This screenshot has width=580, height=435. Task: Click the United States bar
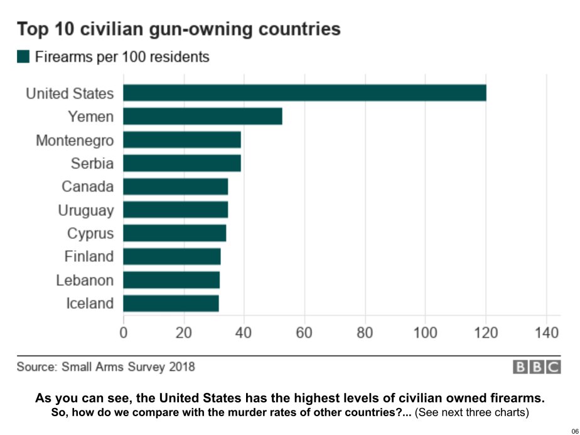[304, 93]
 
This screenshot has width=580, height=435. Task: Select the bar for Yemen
[202, 116]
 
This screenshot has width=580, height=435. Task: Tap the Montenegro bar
[182, 139]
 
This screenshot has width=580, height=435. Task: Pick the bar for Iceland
[171, 303]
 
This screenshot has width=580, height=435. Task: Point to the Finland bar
[172, 257]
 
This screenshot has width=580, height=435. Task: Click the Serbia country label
[92, 163]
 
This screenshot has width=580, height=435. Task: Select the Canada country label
[88, 186]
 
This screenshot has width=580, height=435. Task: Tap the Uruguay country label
[86, 210]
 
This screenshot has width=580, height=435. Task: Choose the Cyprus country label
[90, 234]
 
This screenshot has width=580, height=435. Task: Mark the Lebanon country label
[85, 280]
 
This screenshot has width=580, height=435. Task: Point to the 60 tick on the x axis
[304, 331]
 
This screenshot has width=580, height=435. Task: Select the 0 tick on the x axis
[123, 331]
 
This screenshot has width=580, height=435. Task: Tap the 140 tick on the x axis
[546, 331]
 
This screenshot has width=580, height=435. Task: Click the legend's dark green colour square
[23, 57]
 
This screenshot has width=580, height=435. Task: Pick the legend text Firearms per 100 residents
[122, 57]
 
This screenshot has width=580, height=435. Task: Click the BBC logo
[537, 367]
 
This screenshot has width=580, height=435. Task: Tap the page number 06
[573, 430]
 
